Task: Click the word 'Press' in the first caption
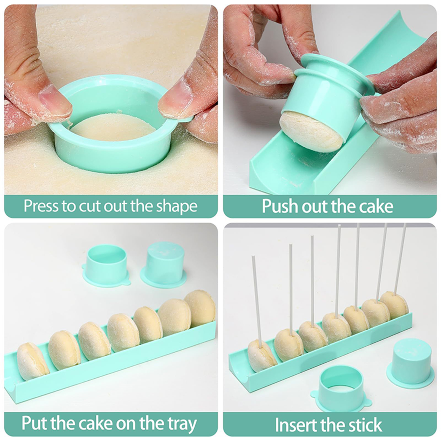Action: pyautogui.click(x=41, y=206)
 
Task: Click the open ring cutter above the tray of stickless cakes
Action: pyautogui.click(x=106, y=266)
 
